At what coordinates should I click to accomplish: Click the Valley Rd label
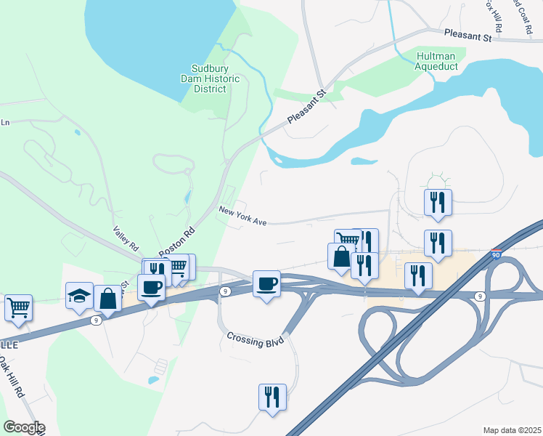tap(125, 238)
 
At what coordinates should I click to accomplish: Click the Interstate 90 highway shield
tap(496, 255)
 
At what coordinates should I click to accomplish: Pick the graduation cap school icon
tap(79, 295)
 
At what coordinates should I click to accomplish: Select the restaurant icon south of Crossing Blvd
tap(272, 397)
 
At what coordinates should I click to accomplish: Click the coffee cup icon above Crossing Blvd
tap(267, 283)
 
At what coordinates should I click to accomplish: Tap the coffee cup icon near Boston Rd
tap(151, 287)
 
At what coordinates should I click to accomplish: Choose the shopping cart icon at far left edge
tap(18, 307)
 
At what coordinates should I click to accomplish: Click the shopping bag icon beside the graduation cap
tap(107, 298)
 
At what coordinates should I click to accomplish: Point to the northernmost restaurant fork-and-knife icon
tap(438, 202)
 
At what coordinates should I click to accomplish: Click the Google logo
tap(23, 427)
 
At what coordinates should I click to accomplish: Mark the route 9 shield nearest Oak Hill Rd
tap(96, 320)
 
